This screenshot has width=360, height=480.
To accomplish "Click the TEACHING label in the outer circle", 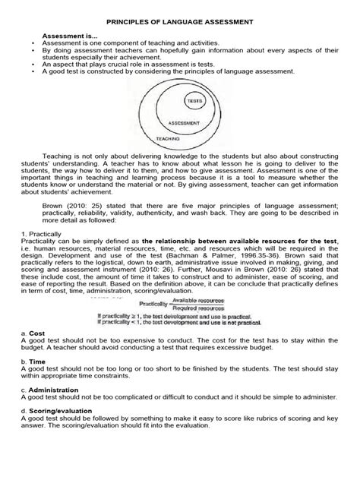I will pos(169,139).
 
